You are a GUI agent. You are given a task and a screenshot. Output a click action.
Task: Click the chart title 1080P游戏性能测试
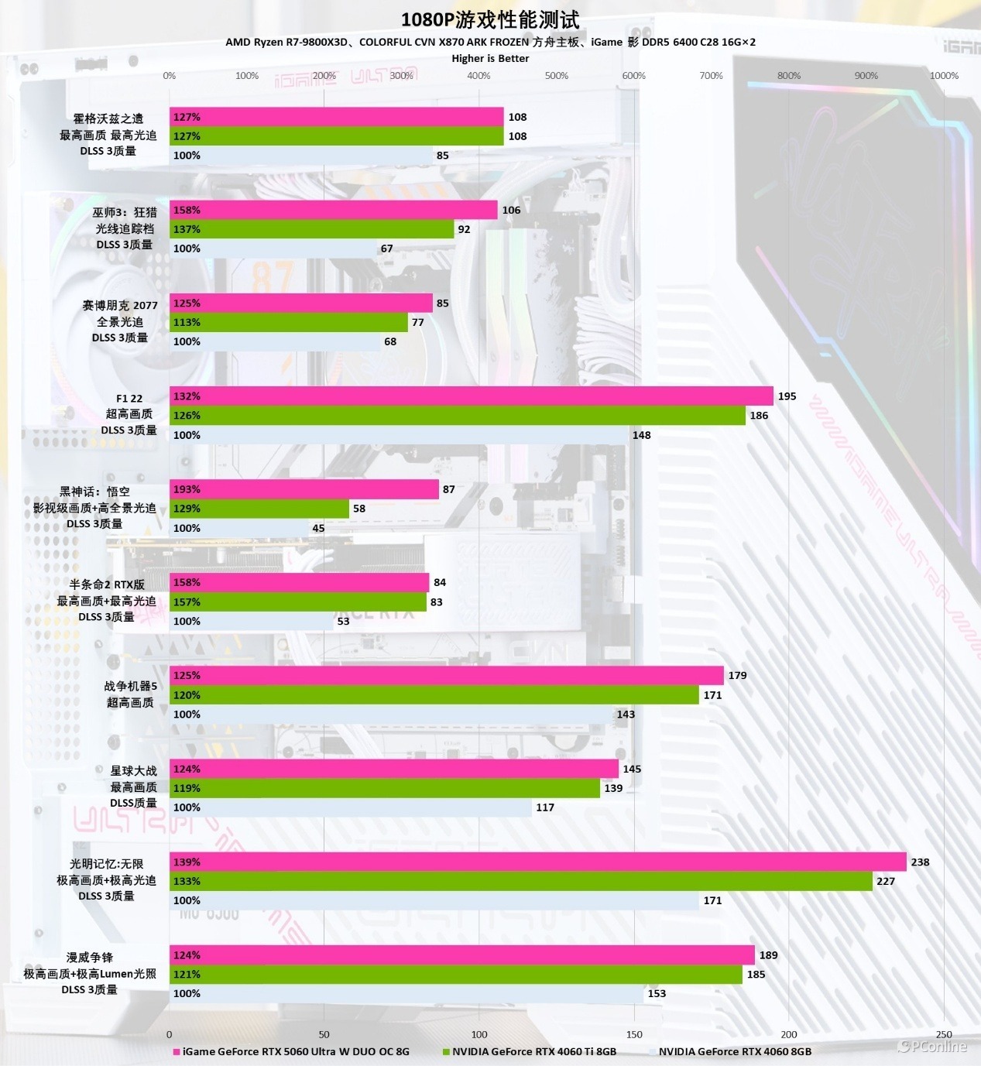click(x=489, y=19)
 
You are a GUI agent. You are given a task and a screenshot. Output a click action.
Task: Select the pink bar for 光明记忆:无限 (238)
click(x=537, y=862)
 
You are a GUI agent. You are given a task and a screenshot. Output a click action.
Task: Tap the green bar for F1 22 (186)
click(x=457, y=416)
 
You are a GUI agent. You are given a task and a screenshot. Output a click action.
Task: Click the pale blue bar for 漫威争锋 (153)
click(x=406, y=993)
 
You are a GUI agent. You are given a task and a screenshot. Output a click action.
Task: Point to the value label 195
click(x=787, y=396)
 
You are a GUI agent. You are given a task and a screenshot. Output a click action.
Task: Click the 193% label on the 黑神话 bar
click(x=187, y=489)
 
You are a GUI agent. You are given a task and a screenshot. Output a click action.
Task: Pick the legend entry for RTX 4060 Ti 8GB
click(x=533, y=1051)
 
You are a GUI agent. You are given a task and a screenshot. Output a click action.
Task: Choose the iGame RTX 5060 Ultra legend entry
click(x=295, y=1051)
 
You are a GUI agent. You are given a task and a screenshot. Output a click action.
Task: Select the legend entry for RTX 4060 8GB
click(x=734, y=1051)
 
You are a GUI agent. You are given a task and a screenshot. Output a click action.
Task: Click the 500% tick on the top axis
click(x=556, y=76)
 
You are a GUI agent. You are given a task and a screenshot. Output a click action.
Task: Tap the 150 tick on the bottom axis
click(x=634, y=1034)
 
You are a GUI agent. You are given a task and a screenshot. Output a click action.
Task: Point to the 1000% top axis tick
click(x=944, y=76)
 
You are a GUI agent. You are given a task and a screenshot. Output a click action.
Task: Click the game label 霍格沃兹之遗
click(x=108, y=118)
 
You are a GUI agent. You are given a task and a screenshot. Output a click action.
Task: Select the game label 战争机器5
click(x=130, y=686)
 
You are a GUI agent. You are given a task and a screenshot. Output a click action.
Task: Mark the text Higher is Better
click(x=490, y=58)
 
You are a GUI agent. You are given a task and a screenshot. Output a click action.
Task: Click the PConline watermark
click(x=932, y=1047)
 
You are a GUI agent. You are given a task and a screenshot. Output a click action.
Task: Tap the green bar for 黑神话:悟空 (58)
click(x=259, y=509)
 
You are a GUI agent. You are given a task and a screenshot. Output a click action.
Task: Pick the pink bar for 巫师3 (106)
click(x=333, y=210)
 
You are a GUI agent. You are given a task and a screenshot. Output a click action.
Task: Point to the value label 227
click(x=885, y=881)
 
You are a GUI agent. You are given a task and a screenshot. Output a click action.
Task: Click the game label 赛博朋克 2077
click(x=120, y=305)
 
